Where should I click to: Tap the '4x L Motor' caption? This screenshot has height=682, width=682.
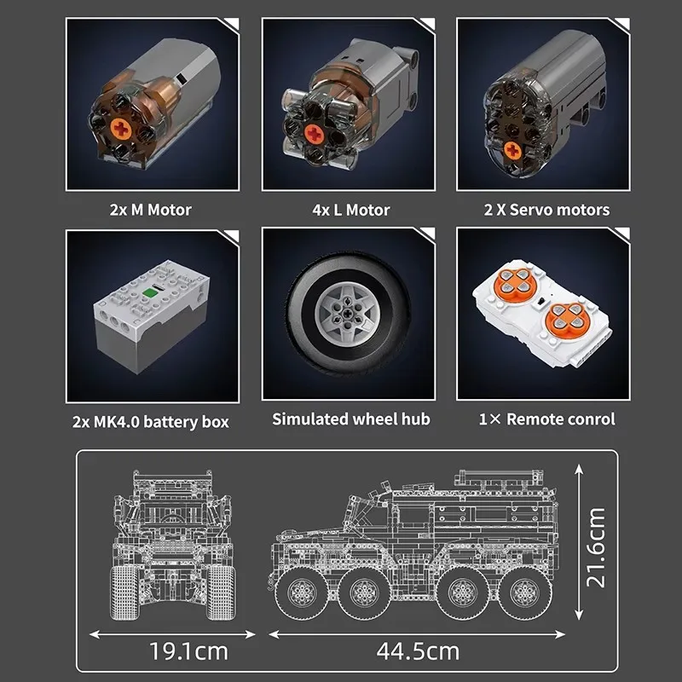tap(344, 210)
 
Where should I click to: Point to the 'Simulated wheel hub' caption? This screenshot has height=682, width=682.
tap(344, 419)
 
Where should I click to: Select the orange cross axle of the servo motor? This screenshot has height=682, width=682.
tap(512, 151)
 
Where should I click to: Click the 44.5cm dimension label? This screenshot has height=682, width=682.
tap(417, 651)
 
